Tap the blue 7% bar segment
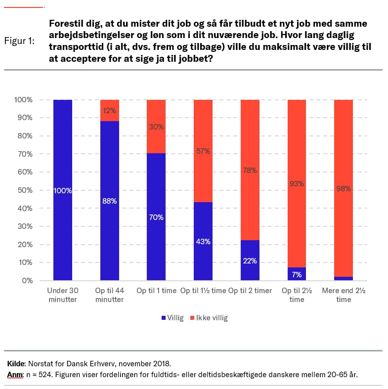[297, 274]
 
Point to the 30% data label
[156, 127]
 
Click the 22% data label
[250, 260]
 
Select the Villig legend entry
[172, 318]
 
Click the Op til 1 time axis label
[156, 291]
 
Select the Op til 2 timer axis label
[250, 291]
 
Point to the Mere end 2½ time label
[344, 295]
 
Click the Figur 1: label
[19, 41]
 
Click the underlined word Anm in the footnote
[15, 374]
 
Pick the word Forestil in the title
[66, 24]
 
